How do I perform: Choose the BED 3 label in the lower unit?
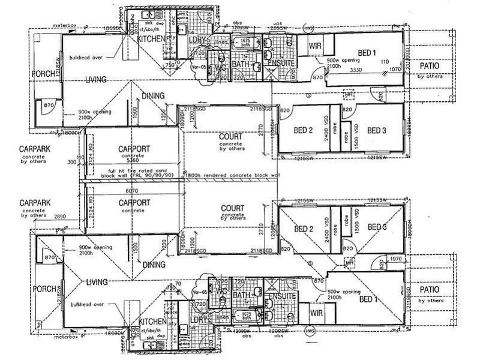(x=377, y=227)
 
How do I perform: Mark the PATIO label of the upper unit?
(x=430, y=66)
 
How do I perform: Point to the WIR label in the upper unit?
(x=316, y=46)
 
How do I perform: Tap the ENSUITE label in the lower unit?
(x=281, y=297)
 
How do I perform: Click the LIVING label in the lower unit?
(x=95, y=282)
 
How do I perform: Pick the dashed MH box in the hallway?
(x=348, y=94)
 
